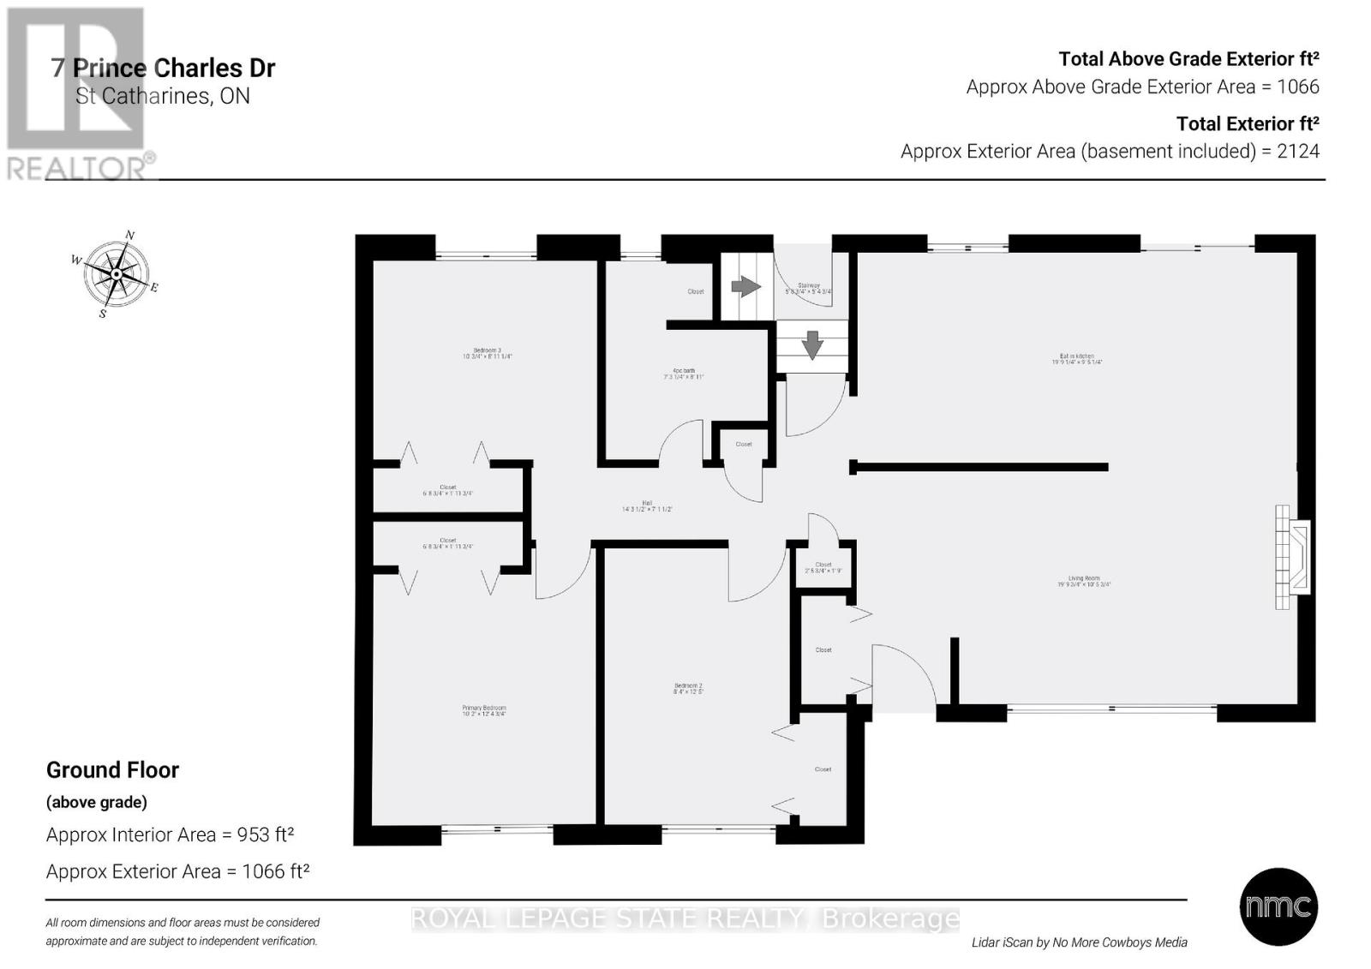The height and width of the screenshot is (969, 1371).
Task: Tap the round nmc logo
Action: click(x=1278, y=906)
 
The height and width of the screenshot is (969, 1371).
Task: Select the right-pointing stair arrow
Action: click(x=745, y=286)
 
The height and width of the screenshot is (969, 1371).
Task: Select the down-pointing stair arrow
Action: click(x=811, y=345)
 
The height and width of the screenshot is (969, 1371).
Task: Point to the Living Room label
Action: click(x=1084, y=582)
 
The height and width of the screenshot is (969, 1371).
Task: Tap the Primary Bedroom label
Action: click(x=484, y=710)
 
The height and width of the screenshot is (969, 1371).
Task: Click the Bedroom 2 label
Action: click(x=688, y=688)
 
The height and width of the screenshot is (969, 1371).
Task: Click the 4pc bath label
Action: click(x=683, y=374)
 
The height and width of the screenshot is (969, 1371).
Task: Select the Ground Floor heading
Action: click(x=112, y=770)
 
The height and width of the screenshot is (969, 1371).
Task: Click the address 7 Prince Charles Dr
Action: click(x=163, y=68)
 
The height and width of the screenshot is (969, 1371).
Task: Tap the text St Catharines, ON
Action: click(x=163, y=96)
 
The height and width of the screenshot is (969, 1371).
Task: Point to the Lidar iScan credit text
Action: click(x=1079, y=942)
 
